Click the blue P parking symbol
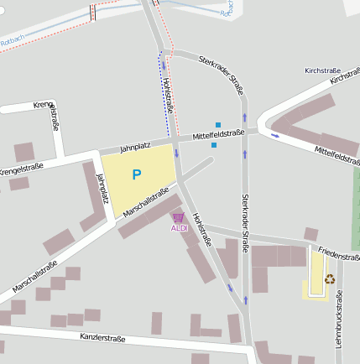click(x=136, y=174)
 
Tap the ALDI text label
click(x=179, y=228)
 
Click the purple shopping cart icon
click(x=178, y=218)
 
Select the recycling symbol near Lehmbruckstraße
click(x=330, y=278)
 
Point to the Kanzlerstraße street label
click(x=102, y=339)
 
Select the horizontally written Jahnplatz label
click(x=135, y=147)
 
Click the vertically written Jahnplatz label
click(x=103, y=189)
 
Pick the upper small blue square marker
click(x=218, y=125)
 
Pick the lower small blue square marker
click(x=214, y=145)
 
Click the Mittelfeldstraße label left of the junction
click(x=217, y=133)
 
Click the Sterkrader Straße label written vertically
click(x=246, y=216)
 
